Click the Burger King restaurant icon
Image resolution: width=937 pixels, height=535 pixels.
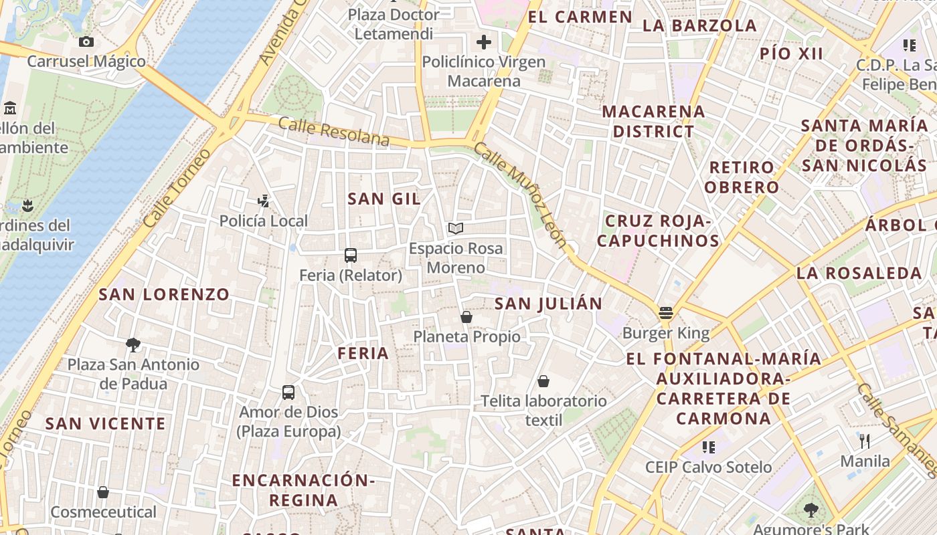[x=665, y=312]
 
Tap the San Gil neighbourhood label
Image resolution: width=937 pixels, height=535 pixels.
[x=384, y=199]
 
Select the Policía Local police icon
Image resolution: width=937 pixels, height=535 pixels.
[x=264, y=200]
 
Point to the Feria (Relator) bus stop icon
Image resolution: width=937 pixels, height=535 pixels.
[x=350, y=255]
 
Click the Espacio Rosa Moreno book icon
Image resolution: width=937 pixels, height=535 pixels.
[x=456, y=229]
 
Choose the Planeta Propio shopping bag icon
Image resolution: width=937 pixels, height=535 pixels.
[x=466, y=316]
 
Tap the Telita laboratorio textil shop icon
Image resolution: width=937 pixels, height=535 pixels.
[x=543, y=381]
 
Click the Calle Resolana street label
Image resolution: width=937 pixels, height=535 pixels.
[x=333, y=131]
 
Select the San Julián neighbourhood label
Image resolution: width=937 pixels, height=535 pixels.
[x=548, y=304]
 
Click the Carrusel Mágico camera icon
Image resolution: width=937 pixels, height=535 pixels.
[x=86, y=42]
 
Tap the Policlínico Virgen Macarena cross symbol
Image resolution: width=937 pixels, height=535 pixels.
[x=483, y=43]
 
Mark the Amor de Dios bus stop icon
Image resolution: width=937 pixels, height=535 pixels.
[x=288, y=393]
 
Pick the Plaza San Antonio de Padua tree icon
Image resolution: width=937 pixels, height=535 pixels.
[x=133, y=345]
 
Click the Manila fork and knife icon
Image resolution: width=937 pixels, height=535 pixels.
[x=865, y=441]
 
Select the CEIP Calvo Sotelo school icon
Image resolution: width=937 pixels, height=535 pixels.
[x=708, y=447]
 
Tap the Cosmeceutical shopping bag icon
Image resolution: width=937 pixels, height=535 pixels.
[x=103, y=492]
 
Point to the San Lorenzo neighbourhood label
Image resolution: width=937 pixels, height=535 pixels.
[x=164, y=294]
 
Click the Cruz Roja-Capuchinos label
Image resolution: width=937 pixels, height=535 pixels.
[x=658, y=231]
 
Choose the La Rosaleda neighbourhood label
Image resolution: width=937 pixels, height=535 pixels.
[x=859, y=273]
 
